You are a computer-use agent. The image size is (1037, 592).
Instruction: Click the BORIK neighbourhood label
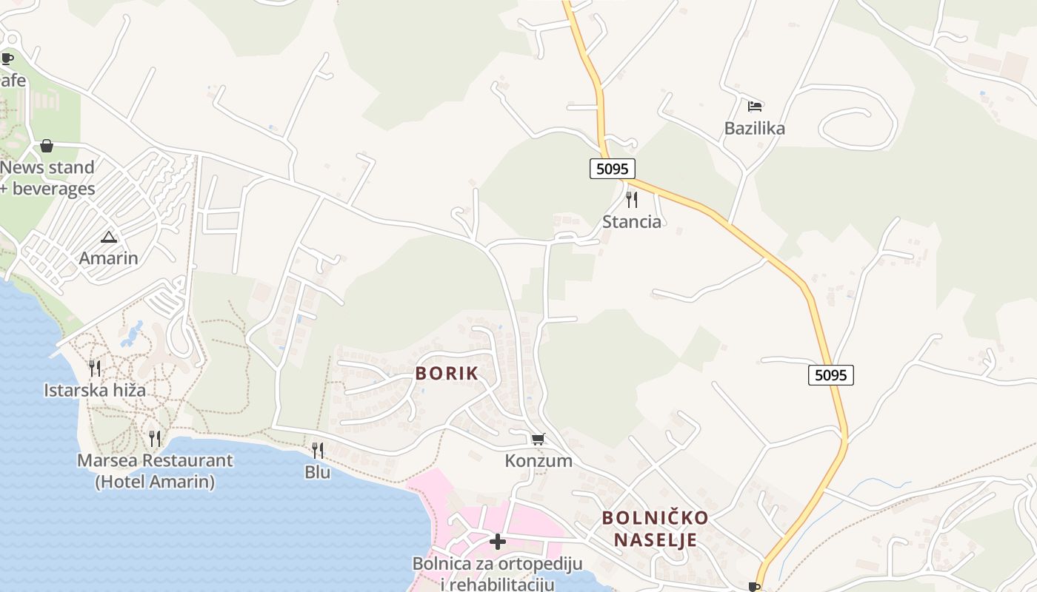(447, 374)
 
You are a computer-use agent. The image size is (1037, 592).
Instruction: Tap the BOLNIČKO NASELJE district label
(655, 528)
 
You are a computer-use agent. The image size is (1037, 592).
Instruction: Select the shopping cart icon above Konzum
(538, 440)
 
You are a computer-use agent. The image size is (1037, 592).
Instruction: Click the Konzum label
(538, 461)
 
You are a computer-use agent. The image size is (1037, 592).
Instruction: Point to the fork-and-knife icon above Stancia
(631, 199)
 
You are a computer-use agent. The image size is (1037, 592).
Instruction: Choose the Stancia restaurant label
(631, 221)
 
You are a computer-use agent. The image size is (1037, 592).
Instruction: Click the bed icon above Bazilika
(755, 107)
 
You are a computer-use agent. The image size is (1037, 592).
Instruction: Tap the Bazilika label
(755, 128)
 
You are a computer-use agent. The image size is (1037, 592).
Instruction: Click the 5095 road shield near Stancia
(613, 169)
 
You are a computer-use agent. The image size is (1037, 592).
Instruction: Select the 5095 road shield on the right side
(830, 375)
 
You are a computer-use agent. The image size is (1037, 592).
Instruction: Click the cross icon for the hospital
(498, 542)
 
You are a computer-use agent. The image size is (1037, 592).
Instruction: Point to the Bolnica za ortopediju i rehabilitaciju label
(498, 573)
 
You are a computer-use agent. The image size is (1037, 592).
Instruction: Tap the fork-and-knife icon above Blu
(317, 450)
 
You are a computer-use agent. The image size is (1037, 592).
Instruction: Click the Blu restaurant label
(317, 471)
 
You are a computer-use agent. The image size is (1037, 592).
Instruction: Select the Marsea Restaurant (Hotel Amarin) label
(155, 471)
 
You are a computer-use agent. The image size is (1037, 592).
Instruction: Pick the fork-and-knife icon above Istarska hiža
(95, 368)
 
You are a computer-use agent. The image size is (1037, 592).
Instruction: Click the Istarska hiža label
(95, 390)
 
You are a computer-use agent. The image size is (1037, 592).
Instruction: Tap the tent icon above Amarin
(109, 238)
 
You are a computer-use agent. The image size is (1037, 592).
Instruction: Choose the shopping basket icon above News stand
(47, 146)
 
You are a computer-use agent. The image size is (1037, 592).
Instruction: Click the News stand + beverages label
(47, 178)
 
